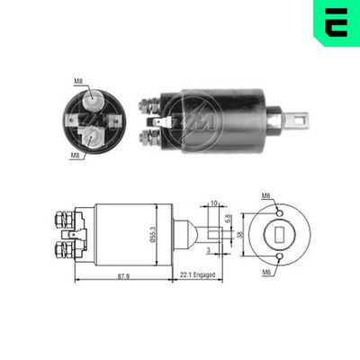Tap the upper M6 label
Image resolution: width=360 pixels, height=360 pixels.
coord(265,196)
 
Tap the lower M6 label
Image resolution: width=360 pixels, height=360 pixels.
coord(265,270)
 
